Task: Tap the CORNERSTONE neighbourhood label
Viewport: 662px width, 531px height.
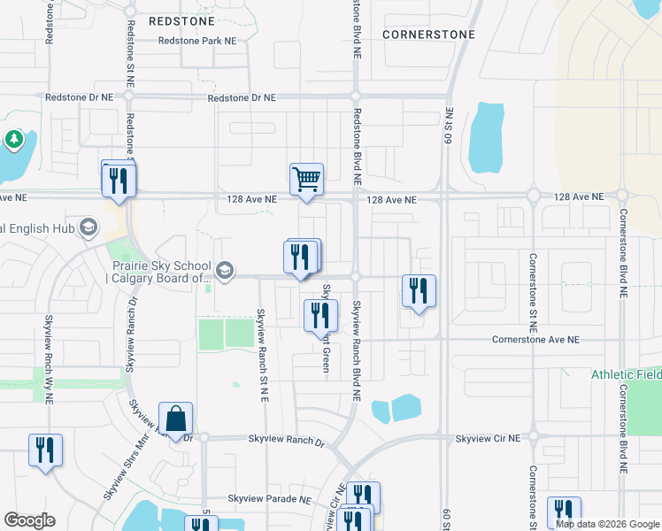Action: [429, 35]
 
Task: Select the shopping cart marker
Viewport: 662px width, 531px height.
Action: [306, 179]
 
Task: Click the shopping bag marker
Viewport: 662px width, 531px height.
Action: [175, 418]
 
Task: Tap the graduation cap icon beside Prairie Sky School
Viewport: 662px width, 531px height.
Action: [225, 271]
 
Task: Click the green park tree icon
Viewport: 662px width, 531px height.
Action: [13, 139]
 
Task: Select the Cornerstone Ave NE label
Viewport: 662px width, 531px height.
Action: [535, 340]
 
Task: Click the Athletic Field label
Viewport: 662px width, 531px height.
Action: [626, 374]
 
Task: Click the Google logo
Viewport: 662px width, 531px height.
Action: [30, 520]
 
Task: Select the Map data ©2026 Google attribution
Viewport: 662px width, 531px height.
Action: [607, 524]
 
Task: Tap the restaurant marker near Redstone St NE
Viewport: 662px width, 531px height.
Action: [117, 181]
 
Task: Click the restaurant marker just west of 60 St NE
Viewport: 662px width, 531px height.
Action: [419, 291]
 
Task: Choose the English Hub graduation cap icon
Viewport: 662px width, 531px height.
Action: [88, 228]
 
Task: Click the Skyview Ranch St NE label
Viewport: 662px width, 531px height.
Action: [263, 355]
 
